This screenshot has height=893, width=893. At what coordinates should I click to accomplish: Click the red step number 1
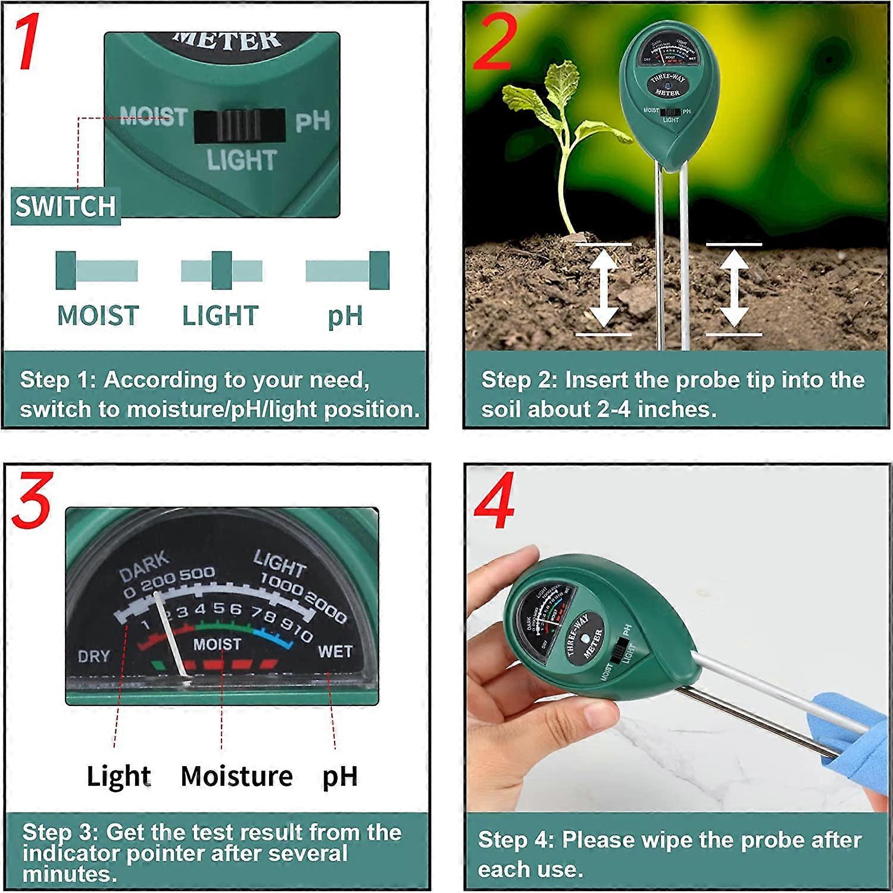26,42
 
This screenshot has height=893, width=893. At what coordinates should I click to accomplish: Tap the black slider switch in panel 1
239,126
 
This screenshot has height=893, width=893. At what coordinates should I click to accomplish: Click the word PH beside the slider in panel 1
313,122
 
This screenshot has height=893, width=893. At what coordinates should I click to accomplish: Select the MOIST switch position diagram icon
97,270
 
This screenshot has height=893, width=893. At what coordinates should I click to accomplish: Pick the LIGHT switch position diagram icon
221,270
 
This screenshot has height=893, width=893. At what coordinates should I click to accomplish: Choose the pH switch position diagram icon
347,270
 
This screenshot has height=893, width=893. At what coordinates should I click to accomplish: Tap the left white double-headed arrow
603,289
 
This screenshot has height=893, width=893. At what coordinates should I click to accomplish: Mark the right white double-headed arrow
734,289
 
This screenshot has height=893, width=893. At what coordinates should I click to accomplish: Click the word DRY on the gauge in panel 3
94,656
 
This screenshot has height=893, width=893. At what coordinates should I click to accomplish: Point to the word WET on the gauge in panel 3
335,651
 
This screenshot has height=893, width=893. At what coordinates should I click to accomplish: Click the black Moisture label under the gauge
236,776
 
